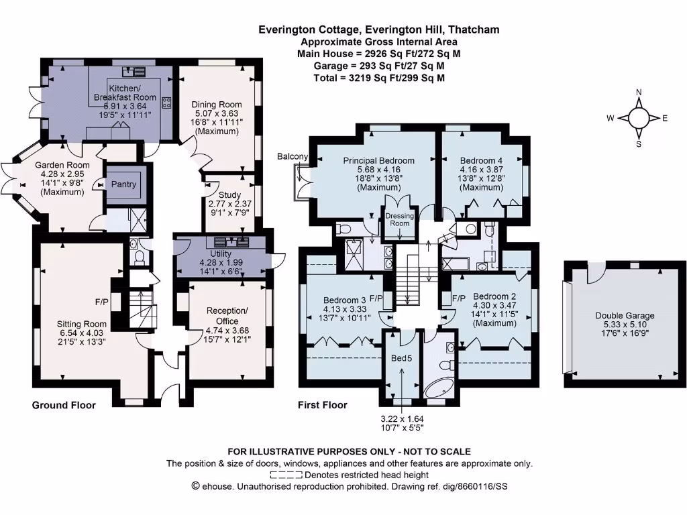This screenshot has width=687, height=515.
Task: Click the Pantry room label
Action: pyautogui.click(x=123, y=184)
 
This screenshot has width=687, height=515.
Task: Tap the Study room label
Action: pyautogui.click(x=229, y=195)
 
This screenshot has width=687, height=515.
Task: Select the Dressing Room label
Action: pyautogui.click(x=400, y=219)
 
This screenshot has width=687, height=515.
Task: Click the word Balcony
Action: pyautogui.click(x=293, y=156)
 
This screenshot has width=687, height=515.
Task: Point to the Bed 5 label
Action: pyautogui.click(x=401, y=358)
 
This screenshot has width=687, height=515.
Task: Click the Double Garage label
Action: pyautogui.click(x=625, y=315)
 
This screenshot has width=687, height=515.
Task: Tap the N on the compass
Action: pyautogui.click(x=639, y=93)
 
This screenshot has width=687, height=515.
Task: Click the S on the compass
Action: pyautogui.click(x=639, y=144)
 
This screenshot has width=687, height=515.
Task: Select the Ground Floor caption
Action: pyautogui.click(x=64, y=405)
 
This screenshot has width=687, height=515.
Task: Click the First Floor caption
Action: pyautogui.click(x=323, y=405)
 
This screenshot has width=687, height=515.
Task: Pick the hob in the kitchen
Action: pyautogui.click(x=166, y=103)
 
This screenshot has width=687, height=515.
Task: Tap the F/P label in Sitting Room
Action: pyautogui.click(x=102, y=302)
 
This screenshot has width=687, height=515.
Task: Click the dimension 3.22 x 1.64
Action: pyautogui.click(x=403, y=418)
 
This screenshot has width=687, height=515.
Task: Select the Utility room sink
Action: pyautogui.click(x=231, y=241)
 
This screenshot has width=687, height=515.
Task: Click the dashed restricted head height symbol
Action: pyautogui.click(x=286, y=475)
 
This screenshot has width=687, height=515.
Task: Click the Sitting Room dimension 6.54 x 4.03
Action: pyautogui.click(x=81, y=333)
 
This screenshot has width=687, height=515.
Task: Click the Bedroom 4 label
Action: pyautogui.click(x=481, y=160)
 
